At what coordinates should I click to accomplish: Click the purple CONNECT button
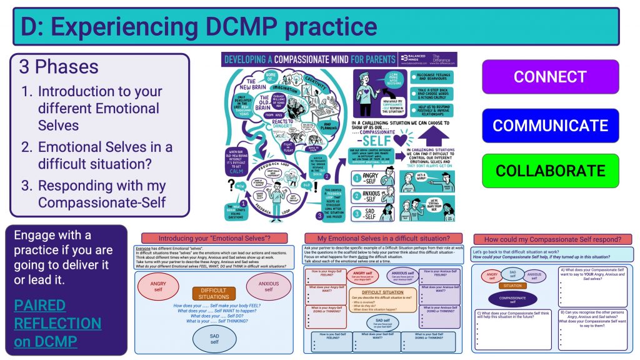(550, 77)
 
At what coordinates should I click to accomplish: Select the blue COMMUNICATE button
(550, 125)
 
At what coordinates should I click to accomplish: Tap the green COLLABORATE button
(550, 171)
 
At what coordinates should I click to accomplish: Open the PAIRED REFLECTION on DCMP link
(57, 323)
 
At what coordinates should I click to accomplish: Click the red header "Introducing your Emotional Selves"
(214, 238)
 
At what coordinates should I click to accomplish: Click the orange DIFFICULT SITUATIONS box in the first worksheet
(214, 292)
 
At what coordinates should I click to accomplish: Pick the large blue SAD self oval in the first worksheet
(214, 338)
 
